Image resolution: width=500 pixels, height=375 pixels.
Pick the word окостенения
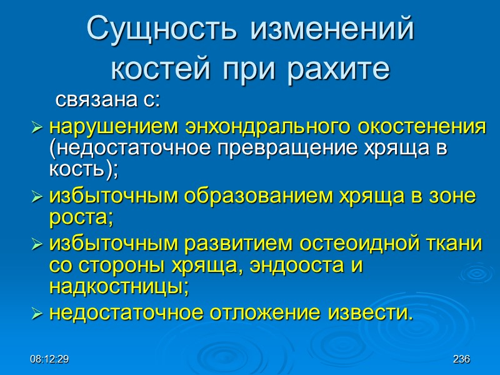422,127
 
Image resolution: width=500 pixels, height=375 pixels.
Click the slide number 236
461,359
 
